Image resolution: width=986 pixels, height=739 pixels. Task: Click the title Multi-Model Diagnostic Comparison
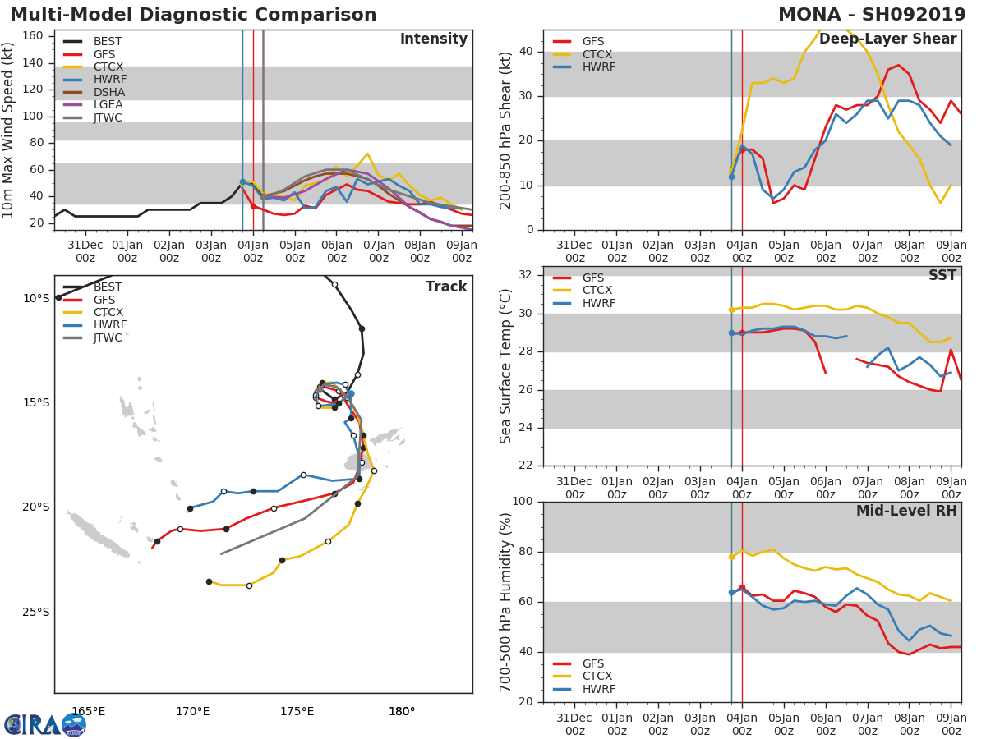tap(193, 15)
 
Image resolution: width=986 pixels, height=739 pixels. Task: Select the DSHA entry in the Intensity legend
tap(109, 92)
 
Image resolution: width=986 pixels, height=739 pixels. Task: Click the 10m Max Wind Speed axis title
tap(9, 130)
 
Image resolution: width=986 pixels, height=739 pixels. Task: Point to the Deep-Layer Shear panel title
tap(887, 39)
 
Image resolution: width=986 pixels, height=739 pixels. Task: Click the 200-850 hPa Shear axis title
tap(506, 130)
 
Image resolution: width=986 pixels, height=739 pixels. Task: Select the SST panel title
tap(942, 275)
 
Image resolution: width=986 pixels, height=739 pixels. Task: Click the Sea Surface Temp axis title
tap(506, 366)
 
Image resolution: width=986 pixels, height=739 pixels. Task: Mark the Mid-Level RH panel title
tap(906, 511)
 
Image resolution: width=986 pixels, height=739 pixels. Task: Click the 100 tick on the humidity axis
tap(523, 502)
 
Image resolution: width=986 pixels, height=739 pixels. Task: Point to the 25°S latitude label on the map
tap(36, 612)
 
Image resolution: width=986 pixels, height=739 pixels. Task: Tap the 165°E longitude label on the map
tap(88, 711)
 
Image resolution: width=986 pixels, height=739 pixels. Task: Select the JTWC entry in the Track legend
tap(108, 337)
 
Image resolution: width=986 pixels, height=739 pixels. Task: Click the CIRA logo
tap(45, 724)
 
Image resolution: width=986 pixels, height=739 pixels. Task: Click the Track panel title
tap(445, 287)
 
